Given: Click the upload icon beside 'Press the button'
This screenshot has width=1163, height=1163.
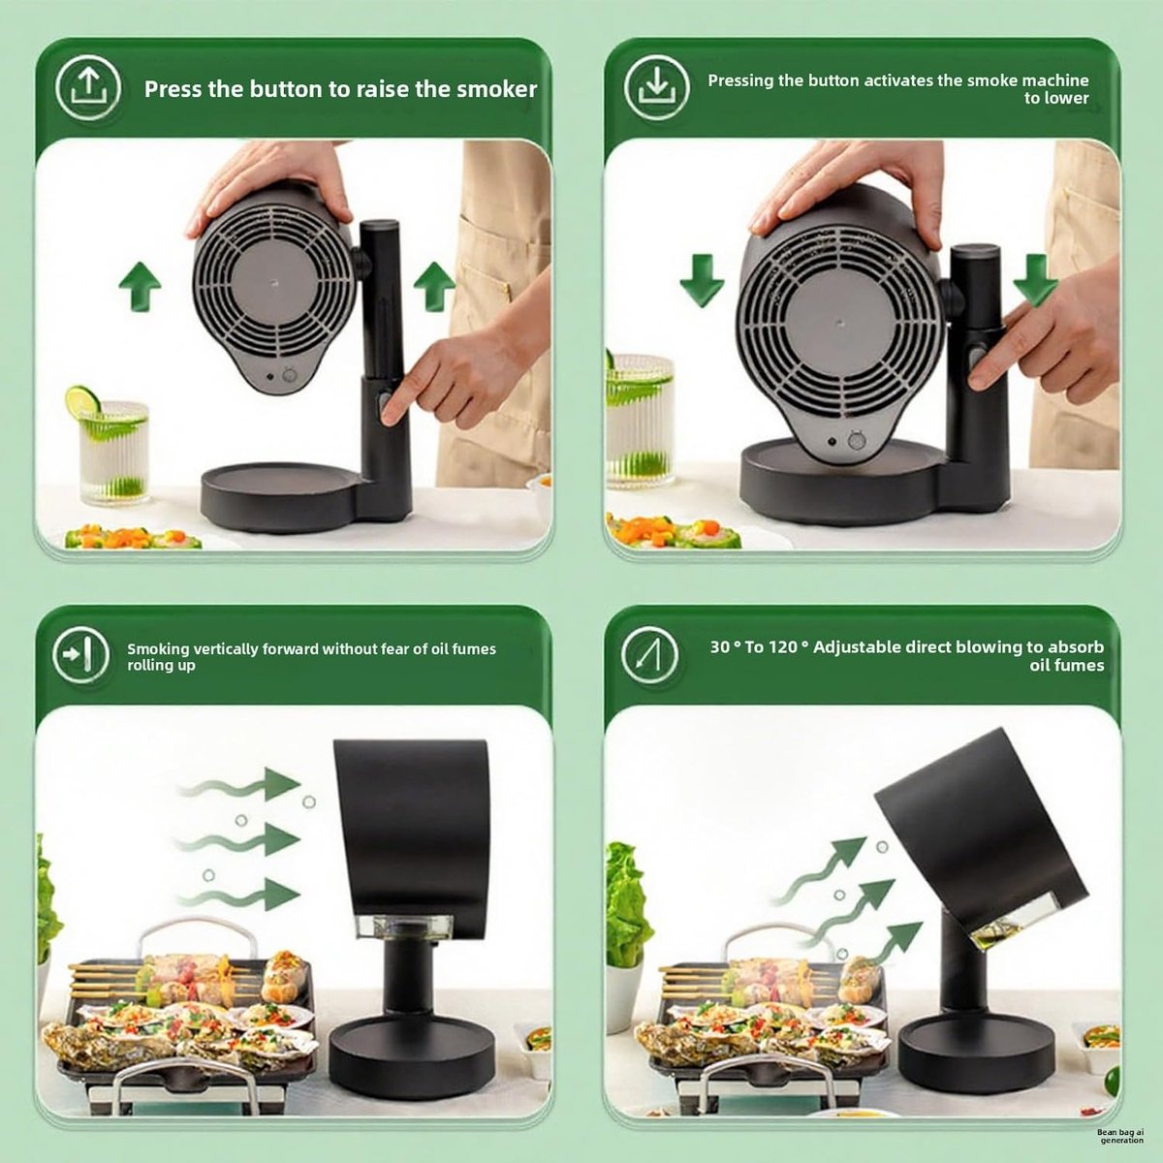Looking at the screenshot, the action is click(x=89, y=88).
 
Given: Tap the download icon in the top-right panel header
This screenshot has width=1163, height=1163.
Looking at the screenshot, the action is click(x=657, y=88).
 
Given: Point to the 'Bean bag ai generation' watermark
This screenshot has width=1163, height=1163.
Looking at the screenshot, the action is click(x=1120, y=1137).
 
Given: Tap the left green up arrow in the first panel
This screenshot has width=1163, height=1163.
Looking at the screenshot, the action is click(x=140, y=286).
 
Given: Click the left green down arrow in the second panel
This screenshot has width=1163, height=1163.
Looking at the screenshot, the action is click(x=702, y=280).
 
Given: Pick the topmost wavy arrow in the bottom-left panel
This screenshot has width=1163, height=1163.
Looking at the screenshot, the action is click(x=240, y=785).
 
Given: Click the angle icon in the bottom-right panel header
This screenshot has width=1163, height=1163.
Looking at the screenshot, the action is click(x=650, y=655).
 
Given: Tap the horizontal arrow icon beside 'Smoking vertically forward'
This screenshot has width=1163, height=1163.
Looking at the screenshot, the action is click(x=80, y=655).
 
